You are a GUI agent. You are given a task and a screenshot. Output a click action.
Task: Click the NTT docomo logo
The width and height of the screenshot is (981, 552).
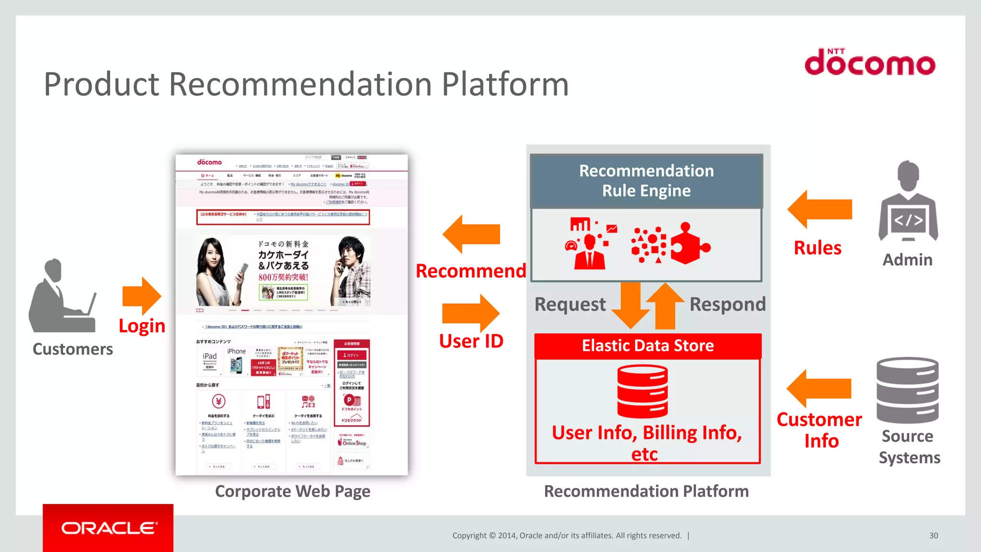coord(869,63)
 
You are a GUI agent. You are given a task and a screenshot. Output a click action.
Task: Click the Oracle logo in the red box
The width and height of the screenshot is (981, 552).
coord(108,528)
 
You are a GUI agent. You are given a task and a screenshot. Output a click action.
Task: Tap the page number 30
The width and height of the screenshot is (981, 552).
coord(933,536)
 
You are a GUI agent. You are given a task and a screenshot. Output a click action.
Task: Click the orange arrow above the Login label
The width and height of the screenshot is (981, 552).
coord(141,296)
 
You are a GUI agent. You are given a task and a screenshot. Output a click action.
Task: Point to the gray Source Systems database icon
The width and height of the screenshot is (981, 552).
coord(907,390)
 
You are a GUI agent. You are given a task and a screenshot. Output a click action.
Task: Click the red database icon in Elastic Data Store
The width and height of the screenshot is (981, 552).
coord(642,391)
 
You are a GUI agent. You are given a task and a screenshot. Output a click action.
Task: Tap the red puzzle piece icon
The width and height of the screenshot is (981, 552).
coord(688,244)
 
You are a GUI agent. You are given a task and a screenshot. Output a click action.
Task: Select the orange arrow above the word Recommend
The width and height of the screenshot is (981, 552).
coord(471,234)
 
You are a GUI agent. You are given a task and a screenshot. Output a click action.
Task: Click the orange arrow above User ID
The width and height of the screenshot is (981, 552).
coord(471,313)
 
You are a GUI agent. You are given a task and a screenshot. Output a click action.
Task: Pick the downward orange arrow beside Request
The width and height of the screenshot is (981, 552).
coord(630,305)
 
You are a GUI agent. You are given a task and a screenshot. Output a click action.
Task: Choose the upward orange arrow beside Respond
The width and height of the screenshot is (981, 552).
coord(665,305)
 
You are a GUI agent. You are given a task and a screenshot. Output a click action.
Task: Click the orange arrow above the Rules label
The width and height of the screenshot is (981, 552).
coord(820,209)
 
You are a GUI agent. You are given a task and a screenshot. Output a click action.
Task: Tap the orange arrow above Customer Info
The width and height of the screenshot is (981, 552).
coord(819,389)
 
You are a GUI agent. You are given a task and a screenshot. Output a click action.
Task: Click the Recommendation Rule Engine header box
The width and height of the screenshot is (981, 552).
coord(646,181)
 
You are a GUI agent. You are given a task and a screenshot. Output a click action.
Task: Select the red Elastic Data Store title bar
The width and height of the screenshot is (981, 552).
coord(648,346)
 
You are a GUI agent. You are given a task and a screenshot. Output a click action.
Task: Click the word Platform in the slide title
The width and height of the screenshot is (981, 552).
coord(505,84)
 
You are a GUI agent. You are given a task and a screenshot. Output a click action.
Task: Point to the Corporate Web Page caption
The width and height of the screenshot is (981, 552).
coord(292,492)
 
